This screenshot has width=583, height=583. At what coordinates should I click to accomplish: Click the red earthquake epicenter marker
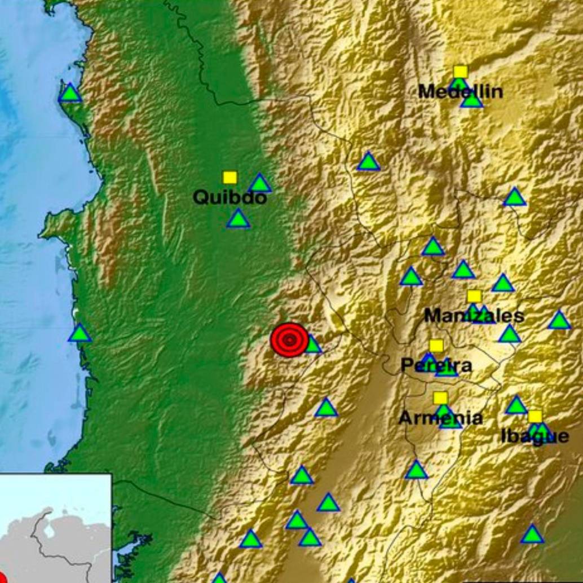pos(289,339)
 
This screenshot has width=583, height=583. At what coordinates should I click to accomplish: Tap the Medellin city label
pos(460,92)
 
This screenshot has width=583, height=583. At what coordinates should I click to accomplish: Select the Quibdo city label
pos(229,198)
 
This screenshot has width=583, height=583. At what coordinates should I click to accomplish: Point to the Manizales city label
pos(474,316)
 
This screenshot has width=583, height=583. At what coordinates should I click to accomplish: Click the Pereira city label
pos(436,365)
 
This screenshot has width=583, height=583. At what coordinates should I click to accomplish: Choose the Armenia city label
pos(440,418)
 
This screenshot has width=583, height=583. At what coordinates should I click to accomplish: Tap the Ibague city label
pos(535,436)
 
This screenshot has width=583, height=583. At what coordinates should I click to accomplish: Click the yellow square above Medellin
pos(461,72)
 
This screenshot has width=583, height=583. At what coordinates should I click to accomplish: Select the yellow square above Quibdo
pos(229,178)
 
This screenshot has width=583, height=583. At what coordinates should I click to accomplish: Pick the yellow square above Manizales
pos(474,297)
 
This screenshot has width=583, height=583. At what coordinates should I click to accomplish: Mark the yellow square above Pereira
pos(436,346)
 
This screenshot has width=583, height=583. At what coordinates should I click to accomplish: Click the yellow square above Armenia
pos(440,398)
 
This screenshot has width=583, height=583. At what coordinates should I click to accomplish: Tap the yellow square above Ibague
pos(535,417)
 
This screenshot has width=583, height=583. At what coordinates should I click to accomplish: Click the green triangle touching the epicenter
pos(312,344)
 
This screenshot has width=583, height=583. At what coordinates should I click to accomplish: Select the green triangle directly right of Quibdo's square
pos(259,184)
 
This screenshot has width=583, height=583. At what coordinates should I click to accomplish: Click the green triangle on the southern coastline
pos(79,334)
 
